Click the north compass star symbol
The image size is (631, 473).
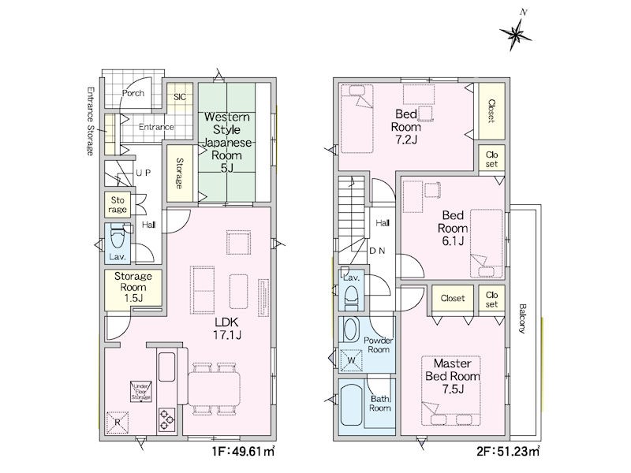pyautogui.click(x=516, y=34)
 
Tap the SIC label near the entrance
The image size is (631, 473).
pyautogui.click(x=180, y=97)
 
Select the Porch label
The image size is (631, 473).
pyautogui.click(x=133, y=93)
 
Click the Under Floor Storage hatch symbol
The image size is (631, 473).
pyautogui.click(x=141, y=391)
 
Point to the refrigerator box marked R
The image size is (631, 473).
pyautogui.click(x=118, y=423)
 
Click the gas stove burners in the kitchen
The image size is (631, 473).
pyautogui.click(x=166, y=420)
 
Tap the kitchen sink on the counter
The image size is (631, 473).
pyautogui.click(x=166, y=367)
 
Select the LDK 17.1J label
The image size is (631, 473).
pyautogui.click(x=227, y=328)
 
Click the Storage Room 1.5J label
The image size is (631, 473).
pyautogui.click(x=133, y=287)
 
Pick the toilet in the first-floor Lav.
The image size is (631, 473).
pyautogui.click(x=118, y=239)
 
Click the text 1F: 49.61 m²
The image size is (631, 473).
pyautogui.click(x=244, y=452)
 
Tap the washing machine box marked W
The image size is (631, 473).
pyautogui.click(x=351, y=360)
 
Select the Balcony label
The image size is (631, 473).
pyautogui.click(x=522, y=318)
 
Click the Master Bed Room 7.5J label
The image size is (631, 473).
pyautogui.click(x=453, y=376)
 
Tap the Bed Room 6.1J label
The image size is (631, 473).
pyautogui.click(x=453, y=228)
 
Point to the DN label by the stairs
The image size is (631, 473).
pyautogui.click(x=377, y=251)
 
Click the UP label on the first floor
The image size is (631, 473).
pyautogui.click(x=144, y=173)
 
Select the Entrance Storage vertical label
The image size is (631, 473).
pyautogui.click(x=91, y=121)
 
